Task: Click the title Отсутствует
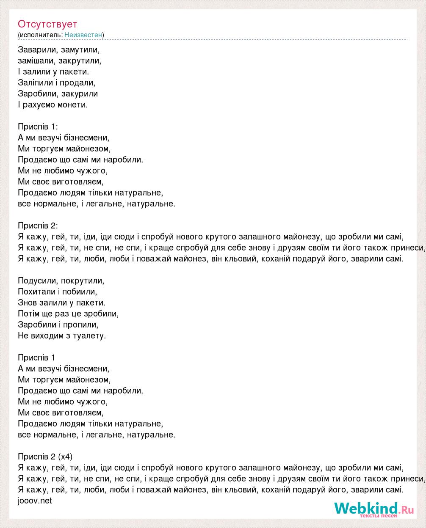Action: [47, 24]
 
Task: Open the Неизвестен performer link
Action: [83, 35]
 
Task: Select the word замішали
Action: [36, 60]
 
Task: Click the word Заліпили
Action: [35, 82]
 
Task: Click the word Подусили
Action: [37, 280]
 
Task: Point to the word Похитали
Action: [36, 291]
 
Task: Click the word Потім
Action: [29, 313]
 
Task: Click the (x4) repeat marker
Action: [66, 456]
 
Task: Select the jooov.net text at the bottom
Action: [35, 500]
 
